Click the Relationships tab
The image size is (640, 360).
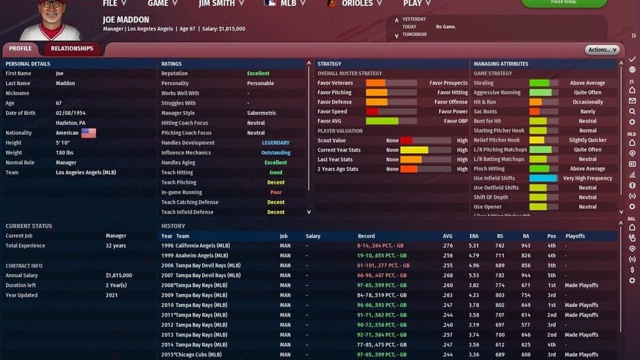point(72,49)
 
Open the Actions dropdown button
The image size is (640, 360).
point(601,50)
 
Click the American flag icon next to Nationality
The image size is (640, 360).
point(89,133)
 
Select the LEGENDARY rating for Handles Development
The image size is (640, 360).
point(276,143)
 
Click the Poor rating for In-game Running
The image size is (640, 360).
point(276,193)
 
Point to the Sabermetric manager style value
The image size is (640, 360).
point(261,113)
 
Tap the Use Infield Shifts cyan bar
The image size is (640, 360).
point(543,178)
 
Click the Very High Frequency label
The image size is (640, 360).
point(588,178)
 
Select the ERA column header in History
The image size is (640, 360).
point(474,236)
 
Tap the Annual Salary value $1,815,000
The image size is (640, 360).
point(118,276)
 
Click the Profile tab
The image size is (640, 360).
point(20,49)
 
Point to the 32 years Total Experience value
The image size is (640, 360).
point(116,246)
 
